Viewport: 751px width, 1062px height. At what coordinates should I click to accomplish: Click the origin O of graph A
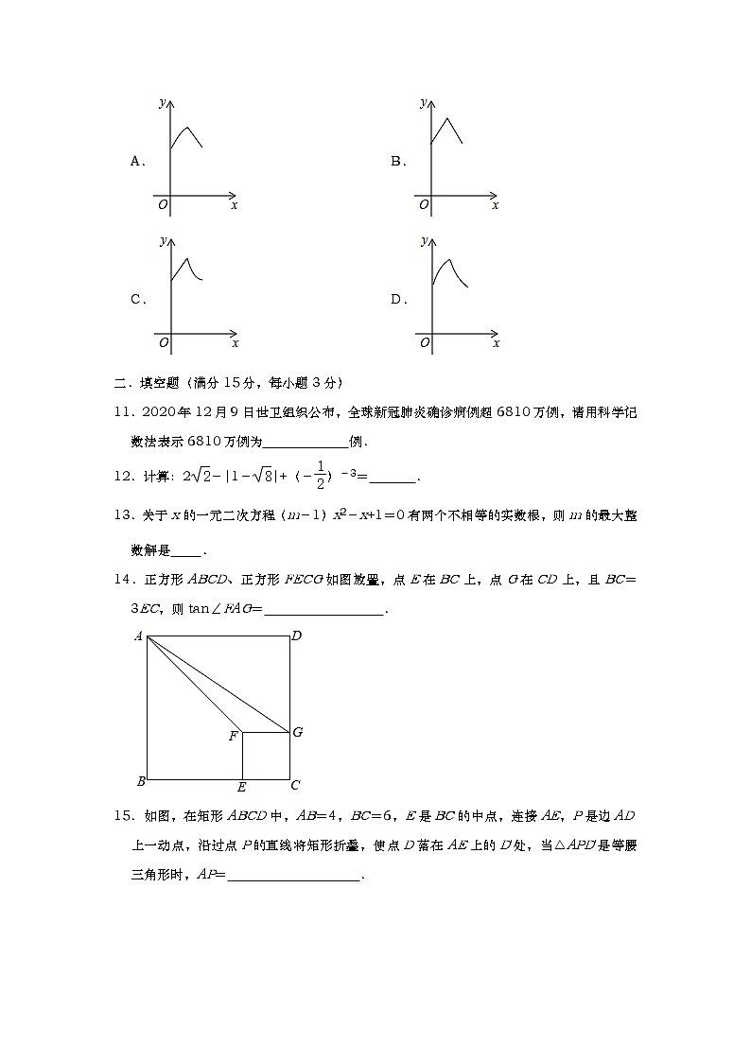pos(163,204)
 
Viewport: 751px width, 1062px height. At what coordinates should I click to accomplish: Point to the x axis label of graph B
pos(495,205)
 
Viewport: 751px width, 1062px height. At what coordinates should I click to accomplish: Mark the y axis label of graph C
pos(163,241)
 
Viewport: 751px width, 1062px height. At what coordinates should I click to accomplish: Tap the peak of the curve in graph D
pos(448,260)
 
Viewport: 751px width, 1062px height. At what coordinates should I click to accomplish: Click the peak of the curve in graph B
pos(446,117)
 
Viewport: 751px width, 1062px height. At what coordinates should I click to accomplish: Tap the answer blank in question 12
pos(397,479)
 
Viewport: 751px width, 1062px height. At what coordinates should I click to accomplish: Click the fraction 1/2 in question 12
pos(321,478)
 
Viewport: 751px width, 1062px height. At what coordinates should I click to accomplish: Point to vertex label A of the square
pos(138,636)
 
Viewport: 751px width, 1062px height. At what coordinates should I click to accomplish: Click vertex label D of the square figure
pos(296,636)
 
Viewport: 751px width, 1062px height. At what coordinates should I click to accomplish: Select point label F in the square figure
pos(233,736)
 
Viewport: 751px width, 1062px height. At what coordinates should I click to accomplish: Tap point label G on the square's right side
pos(297,732)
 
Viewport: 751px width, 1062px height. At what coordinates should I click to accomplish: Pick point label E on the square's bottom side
pos(242,787)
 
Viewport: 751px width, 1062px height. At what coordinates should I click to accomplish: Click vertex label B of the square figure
pos(140,781)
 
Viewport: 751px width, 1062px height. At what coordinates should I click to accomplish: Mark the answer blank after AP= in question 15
pos(294,876)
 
